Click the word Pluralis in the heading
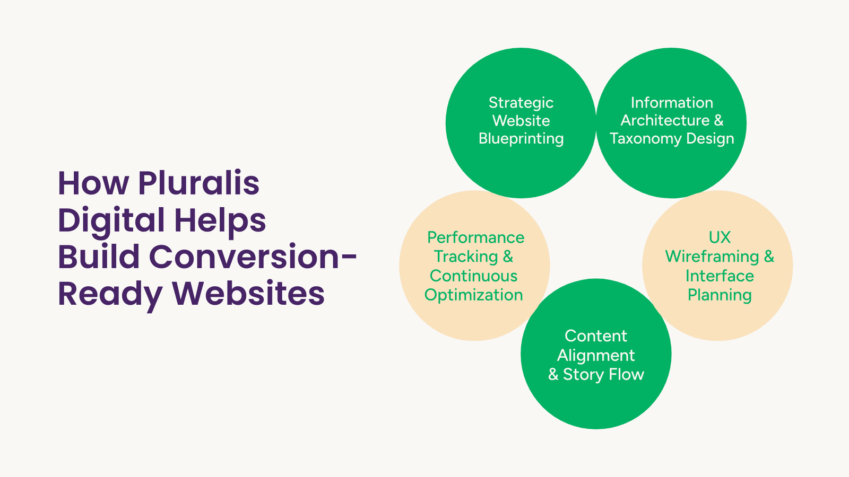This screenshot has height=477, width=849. pyautogui.click(x=198, y=183)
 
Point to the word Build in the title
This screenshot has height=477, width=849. pyautogui.click(x=99, y=257)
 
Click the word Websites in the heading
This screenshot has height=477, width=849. pyautogui.click(x=248, y=294)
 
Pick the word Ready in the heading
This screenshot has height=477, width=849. pyautogui.click(x=110, y=295)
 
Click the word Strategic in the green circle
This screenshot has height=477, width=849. pyautogui.click(x=521, y=103)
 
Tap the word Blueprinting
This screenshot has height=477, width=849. pyautogui.click(x=521, y=139)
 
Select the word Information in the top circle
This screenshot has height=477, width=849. pyautogui.click(x=672, y=102)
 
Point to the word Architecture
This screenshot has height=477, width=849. pyautogui.click(x=665, y=120)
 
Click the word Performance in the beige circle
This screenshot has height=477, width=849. pyautogui.click(x=475, y=238)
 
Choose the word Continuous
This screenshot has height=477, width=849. pyautogui.click(x=473, y=276)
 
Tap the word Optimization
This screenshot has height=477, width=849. pyautogui.click(x=473, y=295)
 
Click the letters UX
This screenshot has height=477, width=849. pyautogui.click(x=720, y=238)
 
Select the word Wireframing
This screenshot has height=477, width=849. pyautogui.click(x=712, y=257)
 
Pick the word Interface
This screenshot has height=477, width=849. pyautogui.click(x=720, y=276)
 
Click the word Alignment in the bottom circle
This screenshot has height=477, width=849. pyautogui.click(x=596, y=356)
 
